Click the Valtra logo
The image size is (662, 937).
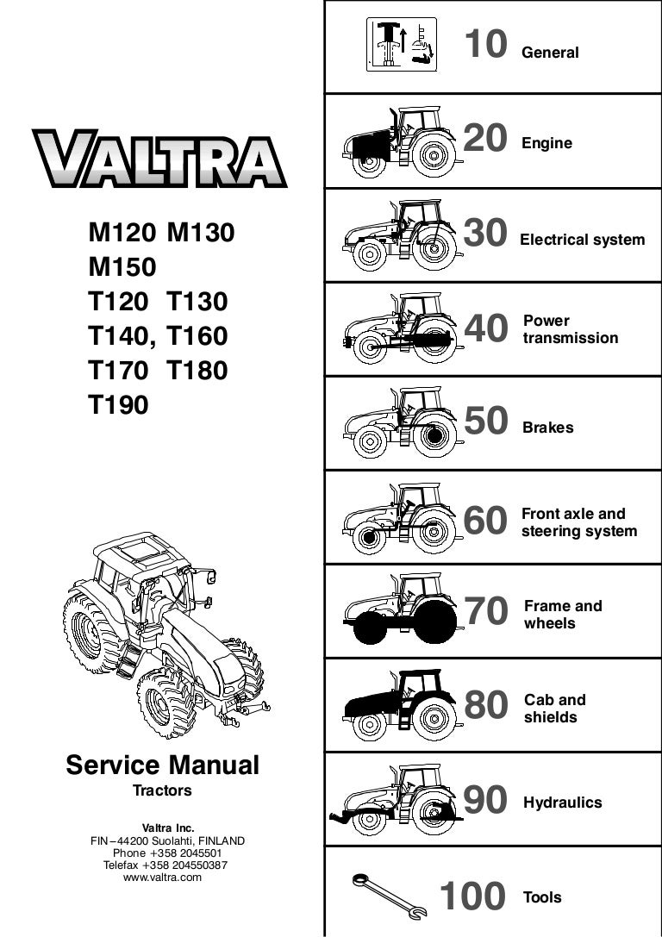pyautogui.click(x=159, y=159)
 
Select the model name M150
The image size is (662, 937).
pyautogui.click(x=122, y=266)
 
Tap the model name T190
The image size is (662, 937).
pyautogui.click(x=118, y=404)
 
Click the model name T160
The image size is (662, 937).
pyautogui.click(x=197, y=336)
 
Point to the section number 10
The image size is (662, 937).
pyautogui.click(x=486, y=44)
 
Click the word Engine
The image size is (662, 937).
pyautogui.click(x=546, y=143)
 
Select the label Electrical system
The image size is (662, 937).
pyautogui.click(x=583, y=240)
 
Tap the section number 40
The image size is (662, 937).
pyautogui.click(x=486, y=328)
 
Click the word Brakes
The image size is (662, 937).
pyautogui.click(x=548, y=428)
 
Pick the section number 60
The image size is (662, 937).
pyautogui.click(x=485, y=521)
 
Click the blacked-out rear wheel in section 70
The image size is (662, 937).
pyautogui.click(x=435, y=622)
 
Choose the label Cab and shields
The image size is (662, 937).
pyautogui.click(x=555, y=708)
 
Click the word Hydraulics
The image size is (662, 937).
pyautogui.click(x=563, y=803)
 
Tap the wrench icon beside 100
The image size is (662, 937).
pyautogui.click(x=390, y=896)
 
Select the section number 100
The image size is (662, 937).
pyautogui.click(x=472, y=896)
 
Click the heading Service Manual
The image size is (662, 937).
pyautogui.click(x=163, y=765)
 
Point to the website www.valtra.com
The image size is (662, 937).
pyautogui.click(x=163, y=878)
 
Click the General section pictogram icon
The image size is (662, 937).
pyautogui.click(x=402, y=45)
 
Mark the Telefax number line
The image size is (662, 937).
pyautogui.click(x=165, y=865)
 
